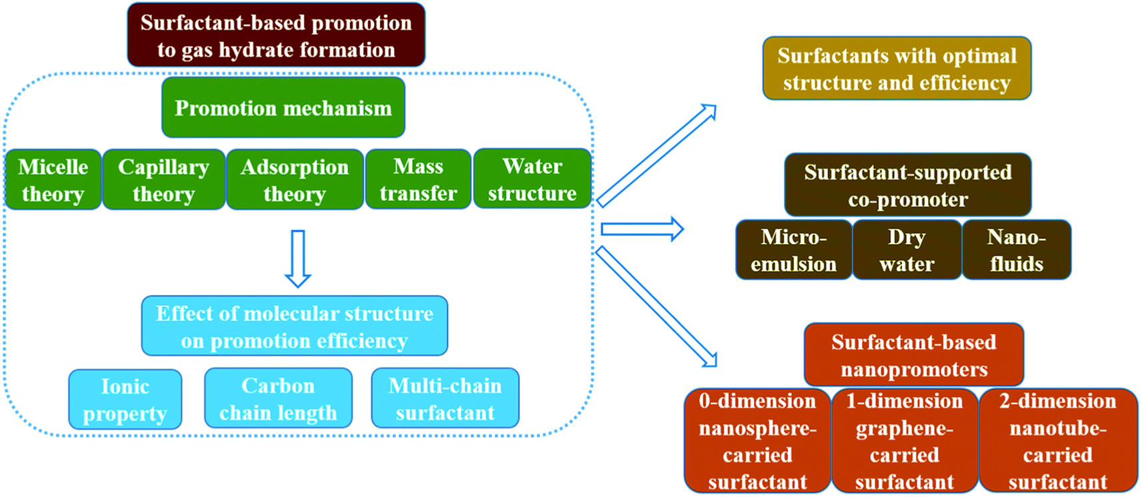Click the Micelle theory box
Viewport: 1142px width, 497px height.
pos(53,179)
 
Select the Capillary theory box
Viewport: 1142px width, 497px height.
pos(163,179)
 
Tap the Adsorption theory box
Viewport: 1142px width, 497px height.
pos(295,179)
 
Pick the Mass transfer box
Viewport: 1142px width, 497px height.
pos(418,179)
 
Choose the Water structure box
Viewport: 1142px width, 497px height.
pos(532,179)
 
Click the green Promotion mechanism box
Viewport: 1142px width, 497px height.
pos(283,107)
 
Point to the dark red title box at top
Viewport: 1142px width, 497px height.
pos(276,35)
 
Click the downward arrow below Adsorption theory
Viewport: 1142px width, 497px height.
pos(298,259)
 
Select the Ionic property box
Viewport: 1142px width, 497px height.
pos(125,400)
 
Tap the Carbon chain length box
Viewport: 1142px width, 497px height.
pos(279,398)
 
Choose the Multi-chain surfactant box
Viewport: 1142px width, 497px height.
pos(445,398)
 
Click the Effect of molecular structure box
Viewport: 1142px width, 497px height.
pos(295,326)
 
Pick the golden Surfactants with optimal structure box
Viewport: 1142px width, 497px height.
pos(897,68)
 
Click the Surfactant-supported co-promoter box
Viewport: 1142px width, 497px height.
pos(908,185)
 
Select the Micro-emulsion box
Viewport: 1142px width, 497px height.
pos(794,250)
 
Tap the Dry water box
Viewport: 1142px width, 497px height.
pos(907,250)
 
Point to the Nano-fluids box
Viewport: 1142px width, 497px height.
pos(1017,250)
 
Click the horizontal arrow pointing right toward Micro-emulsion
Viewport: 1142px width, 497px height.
pos(643,229)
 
